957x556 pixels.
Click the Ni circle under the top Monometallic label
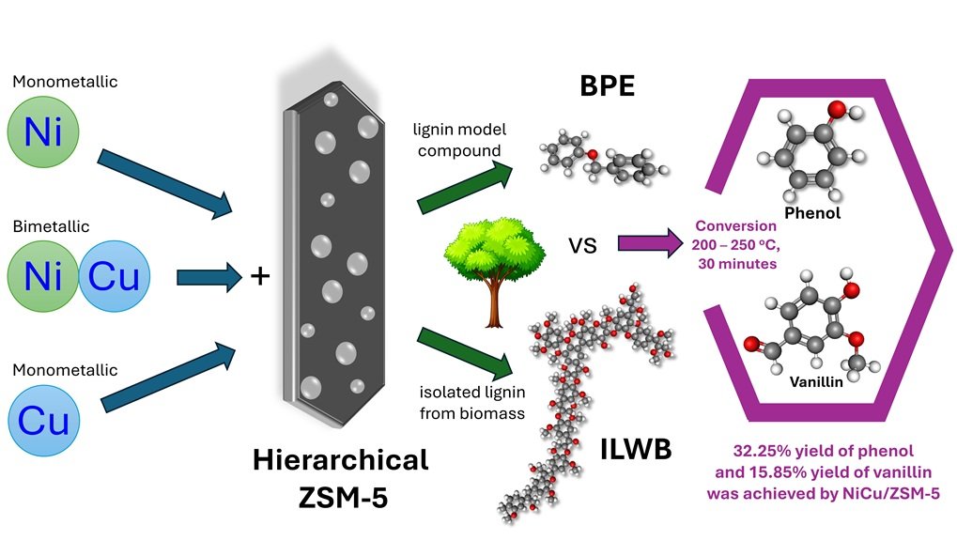click(x=43, y=134)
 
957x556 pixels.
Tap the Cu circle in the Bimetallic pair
click(x=115, y=276)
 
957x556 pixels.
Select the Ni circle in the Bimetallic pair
click(x=43, y=276)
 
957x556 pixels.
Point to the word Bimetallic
click(x=52, y=226)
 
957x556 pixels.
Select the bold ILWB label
click(x=636, y=449)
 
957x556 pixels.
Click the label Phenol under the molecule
click(x=813, y=213)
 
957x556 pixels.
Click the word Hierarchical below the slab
click(x=340, y=460)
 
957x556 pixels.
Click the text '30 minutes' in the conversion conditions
click(x=737, y=264)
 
